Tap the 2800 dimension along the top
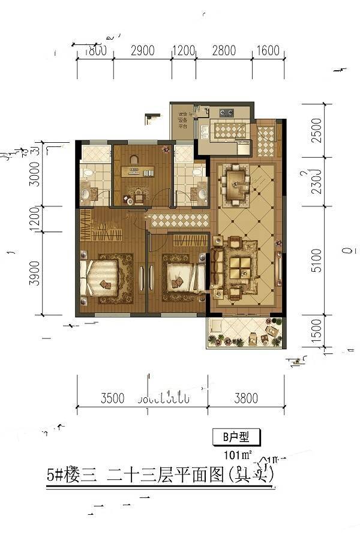223,50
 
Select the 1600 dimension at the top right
268,50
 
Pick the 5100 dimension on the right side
316,260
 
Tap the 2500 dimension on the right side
316,130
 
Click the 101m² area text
238,453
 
